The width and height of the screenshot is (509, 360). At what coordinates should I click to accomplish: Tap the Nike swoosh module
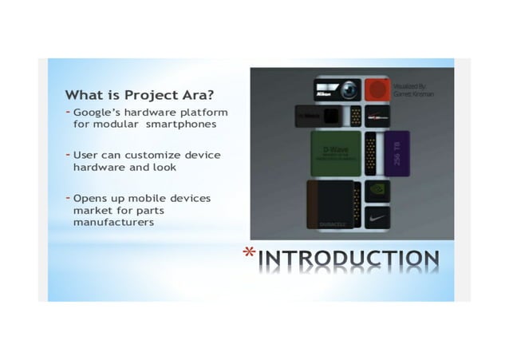click(377, 215)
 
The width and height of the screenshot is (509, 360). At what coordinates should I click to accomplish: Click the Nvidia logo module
click(377, 190)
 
